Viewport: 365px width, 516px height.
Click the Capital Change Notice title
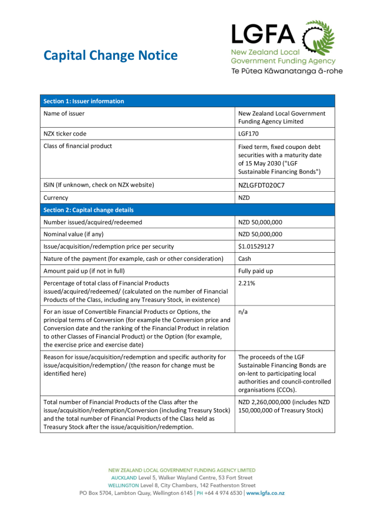pos(110,56)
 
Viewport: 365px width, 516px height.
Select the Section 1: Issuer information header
pos(84,101)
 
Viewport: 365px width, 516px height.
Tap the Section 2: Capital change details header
pos(89,210)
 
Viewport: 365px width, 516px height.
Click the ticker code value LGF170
pos(249,134)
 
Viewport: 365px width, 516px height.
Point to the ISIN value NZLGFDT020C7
pos(262,185)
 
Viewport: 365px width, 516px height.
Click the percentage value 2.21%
pos(247,283)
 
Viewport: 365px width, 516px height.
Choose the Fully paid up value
pos(256,271)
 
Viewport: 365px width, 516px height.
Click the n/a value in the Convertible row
pos(243,312)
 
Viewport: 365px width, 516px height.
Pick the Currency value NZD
pos(244,198)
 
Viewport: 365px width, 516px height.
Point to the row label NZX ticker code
pos(65,134)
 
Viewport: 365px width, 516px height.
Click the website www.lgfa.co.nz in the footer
pos(266,493)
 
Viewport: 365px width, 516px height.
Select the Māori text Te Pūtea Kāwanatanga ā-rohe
pos(287,71)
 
